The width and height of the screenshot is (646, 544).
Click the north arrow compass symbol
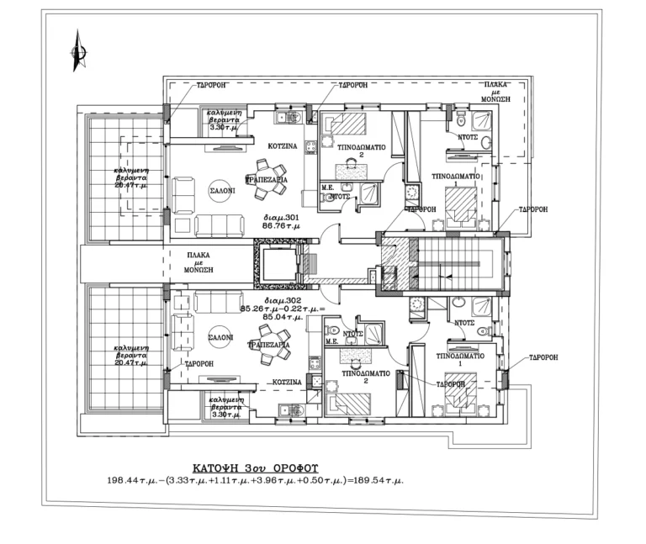click(x=77, y=52)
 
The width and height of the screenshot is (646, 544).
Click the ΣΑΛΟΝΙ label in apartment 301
click(x=222, y=191)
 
